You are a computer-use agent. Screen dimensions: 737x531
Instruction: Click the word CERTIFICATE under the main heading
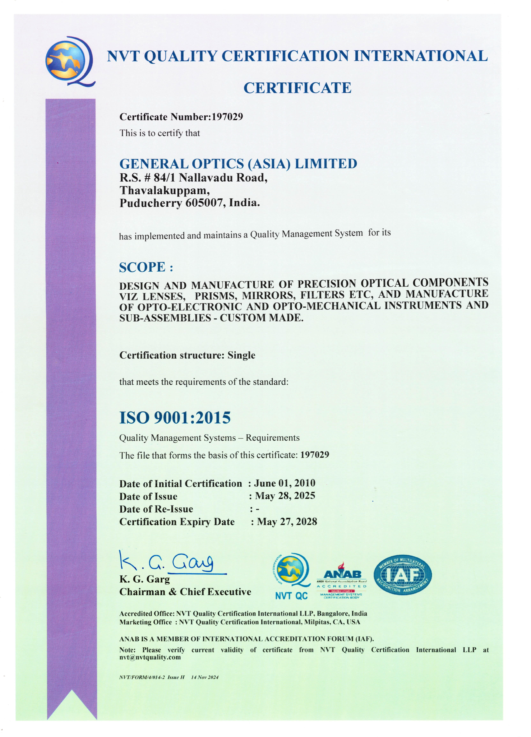coord(297,88)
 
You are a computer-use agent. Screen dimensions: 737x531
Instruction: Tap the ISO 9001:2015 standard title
coord(175,418)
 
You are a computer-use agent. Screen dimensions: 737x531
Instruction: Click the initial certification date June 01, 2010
coord(284,483)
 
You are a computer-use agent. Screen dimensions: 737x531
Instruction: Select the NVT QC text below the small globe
coord(291,596)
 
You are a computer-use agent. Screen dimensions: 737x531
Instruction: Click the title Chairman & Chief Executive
coord(185,592)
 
